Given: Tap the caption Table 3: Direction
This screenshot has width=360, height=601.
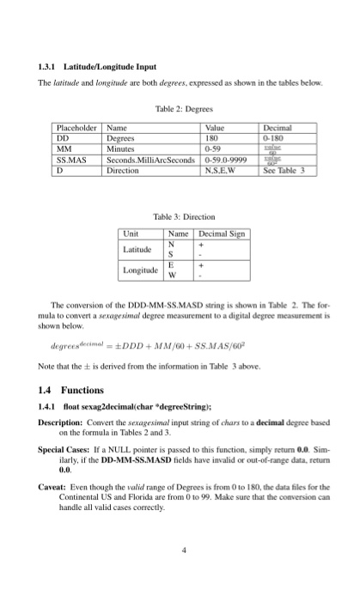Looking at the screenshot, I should click(x=180, y=218).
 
